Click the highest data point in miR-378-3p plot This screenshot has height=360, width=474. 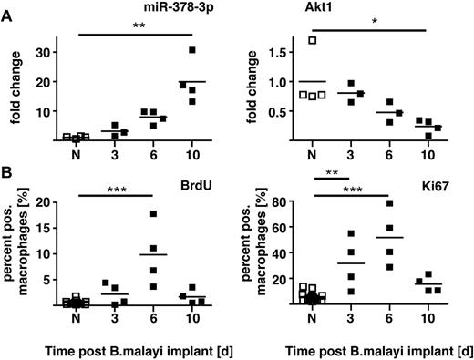191,50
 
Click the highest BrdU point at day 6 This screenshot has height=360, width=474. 154,214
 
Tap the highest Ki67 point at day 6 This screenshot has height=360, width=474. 394,203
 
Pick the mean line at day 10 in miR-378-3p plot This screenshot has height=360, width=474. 191,81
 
